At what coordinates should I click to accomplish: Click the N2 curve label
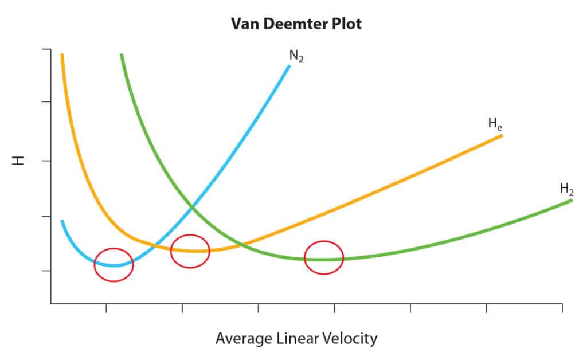[296, 57]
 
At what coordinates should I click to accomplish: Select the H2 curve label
[566, 189]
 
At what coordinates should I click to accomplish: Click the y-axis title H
[19, 161]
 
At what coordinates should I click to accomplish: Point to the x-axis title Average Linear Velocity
[296, 339]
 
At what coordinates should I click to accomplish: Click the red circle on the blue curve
[114, 265]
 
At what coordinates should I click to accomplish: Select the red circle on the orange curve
[190, 251]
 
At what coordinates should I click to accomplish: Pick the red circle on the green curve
[324, 259]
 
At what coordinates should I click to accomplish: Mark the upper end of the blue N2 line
[289, 66]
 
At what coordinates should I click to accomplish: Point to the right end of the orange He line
[502, 136]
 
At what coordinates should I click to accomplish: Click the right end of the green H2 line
[572, 201]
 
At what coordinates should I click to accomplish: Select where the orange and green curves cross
[245, 245]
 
